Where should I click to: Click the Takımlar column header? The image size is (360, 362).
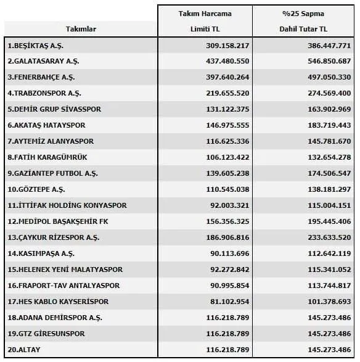(x=81, y=30)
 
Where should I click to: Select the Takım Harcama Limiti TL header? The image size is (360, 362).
(x=206, y=21)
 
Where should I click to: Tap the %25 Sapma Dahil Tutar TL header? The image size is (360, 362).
(x=303, y=21)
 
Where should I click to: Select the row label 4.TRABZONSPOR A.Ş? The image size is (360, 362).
(x=44, y=94)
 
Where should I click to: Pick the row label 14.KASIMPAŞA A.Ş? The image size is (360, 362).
(x=41, y=253)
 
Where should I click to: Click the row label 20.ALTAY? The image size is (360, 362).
(x=23, y=350)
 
